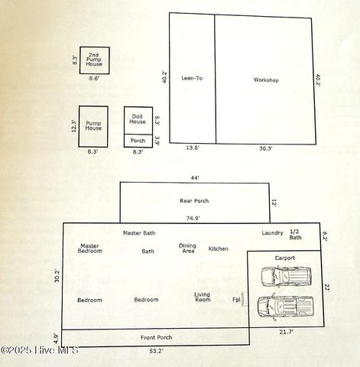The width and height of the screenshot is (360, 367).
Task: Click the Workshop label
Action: tap(265, 80)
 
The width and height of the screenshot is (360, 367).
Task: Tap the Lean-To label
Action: tap(191, 78)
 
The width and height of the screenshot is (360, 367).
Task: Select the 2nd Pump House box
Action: tap(94, 60)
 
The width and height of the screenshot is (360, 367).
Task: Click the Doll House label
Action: tap(138, 119)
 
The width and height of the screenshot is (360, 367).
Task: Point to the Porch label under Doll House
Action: tap(138, 141)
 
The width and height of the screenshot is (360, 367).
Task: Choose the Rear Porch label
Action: tap(194, 201)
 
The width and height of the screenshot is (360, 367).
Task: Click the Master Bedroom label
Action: tap(89, 248)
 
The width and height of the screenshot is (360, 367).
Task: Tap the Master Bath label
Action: tap(139, 232)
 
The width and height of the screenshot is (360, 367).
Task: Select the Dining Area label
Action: tap(187, 248)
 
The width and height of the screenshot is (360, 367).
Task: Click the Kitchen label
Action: tap(219, 248)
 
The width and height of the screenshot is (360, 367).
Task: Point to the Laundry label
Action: tap(272, 232)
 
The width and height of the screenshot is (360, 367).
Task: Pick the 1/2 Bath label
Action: tap(295, 234)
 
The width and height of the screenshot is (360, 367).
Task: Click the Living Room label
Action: tap(202, 297)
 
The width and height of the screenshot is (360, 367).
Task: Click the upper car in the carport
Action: tap(287, 276)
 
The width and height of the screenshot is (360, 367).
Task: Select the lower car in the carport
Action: tap(285, 306)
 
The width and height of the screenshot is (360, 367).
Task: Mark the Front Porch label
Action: tap(156, 337)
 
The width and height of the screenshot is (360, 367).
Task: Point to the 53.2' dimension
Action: tap(155, 351)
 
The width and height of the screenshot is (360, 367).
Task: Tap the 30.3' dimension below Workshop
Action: tap(265, 149)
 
